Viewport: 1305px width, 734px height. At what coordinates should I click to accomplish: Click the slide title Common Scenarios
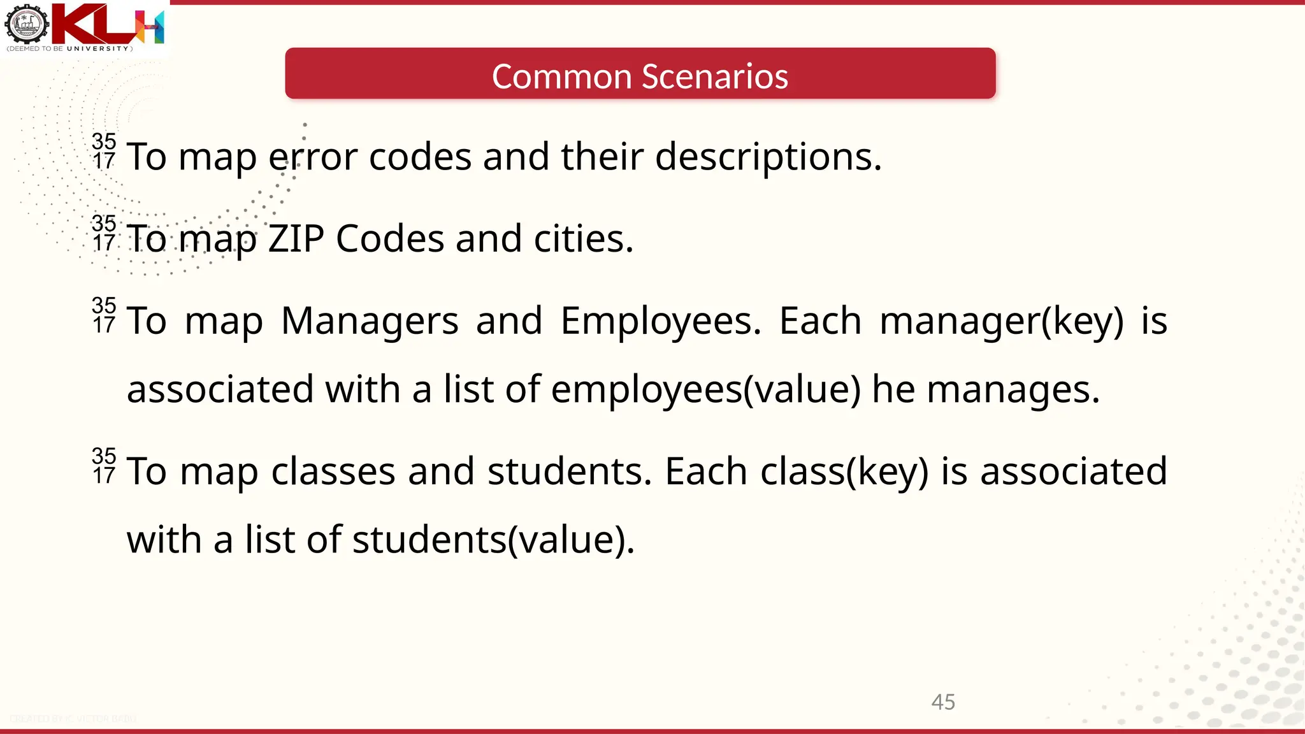[640, 76]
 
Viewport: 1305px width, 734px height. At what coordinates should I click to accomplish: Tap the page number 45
[943, 702]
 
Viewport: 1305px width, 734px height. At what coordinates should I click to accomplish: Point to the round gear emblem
[26, 24]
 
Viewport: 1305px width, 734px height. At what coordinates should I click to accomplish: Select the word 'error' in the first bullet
[312, 157]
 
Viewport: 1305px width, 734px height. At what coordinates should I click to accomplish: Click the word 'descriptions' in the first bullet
[768, 157]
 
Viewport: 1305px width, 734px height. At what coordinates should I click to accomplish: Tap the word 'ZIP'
[296, 239]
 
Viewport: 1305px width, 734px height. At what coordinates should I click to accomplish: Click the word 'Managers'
[370, 320]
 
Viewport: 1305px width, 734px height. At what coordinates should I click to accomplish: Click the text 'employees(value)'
[705, 390]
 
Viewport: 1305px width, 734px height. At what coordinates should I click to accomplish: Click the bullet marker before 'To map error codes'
[104, 152]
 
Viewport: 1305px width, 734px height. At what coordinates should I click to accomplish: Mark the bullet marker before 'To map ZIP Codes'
[104, 234]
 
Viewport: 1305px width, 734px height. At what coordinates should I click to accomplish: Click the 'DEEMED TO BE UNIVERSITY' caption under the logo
[69, 49]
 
